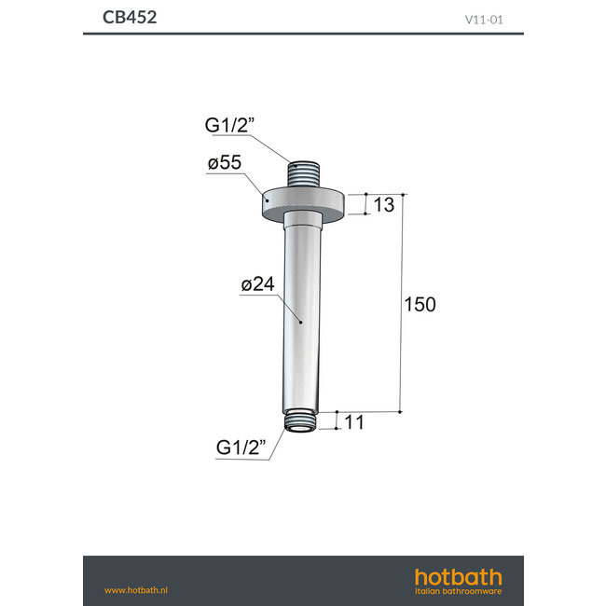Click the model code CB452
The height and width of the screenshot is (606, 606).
coord(130,17)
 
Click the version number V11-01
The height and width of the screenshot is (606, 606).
coord(485,18)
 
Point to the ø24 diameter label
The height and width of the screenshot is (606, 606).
coord(257,285)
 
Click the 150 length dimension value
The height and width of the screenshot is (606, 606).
coord(420,305)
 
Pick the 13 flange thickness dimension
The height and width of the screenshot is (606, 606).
coord(384,204)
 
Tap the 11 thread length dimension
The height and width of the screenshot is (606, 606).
coord(353,422)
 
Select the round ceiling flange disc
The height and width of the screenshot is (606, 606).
coord(305,204)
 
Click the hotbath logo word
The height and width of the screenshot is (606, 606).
coord(458,577)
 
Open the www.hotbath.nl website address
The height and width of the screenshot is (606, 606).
coord(135,589)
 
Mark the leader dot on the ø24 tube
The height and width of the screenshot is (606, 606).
coord(299,322)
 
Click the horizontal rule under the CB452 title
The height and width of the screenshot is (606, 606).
coord(303,34)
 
